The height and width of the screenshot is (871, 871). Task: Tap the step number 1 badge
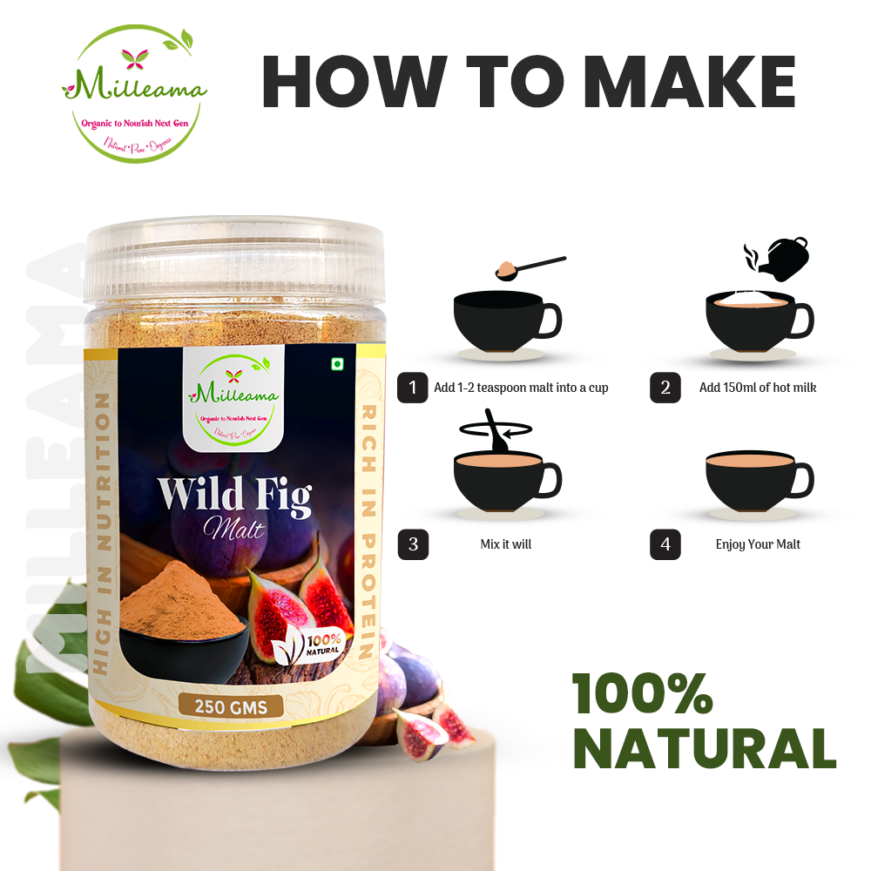click(412, 388)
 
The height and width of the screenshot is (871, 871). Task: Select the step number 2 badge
click(665, 388)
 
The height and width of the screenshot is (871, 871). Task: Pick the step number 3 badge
click(412, 544)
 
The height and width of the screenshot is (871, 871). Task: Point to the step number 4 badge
click(665, 544)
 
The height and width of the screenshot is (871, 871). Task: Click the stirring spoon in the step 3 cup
click(497, 431)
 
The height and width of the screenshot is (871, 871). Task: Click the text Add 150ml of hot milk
click(758, 388)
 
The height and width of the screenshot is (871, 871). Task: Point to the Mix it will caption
click(505, 544)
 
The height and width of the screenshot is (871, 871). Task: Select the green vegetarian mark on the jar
click(337, 364)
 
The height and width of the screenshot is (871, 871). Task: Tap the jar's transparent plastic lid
click(235, 253)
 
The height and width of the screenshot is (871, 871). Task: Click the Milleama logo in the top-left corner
click(133, 92)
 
